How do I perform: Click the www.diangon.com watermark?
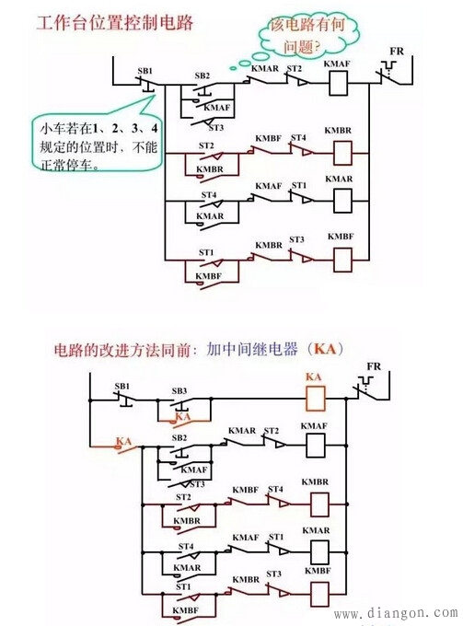pyautogui.click(x=396, y=613)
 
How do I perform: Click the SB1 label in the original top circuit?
pyautogui.click(x=145, y=70)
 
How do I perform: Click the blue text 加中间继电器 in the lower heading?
pyautogui.click(x=246, y=350)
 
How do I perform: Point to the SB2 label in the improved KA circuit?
pyautogui.click(x=180, y=437)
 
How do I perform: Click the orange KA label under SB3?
pyautogui.click(x=182, y=417)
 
